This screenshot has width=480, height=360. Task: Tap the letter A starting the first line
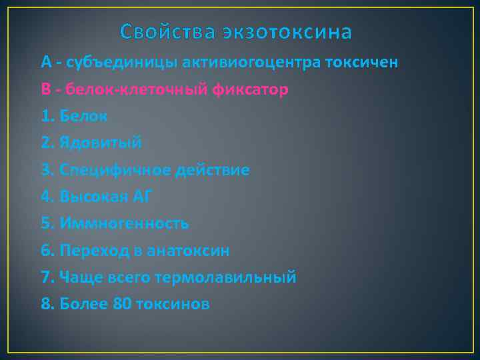point(45,63)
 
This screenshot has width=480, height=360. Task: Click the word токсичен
point(362,63)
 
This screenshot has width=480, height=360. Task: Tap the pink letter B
point(45,89)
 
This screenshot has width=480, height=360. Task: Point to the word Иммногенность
point(124,224)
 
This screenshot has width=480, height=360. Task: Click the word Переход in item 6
point(95,251)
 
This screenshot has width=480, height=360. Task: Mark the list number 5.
point(45,224)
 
